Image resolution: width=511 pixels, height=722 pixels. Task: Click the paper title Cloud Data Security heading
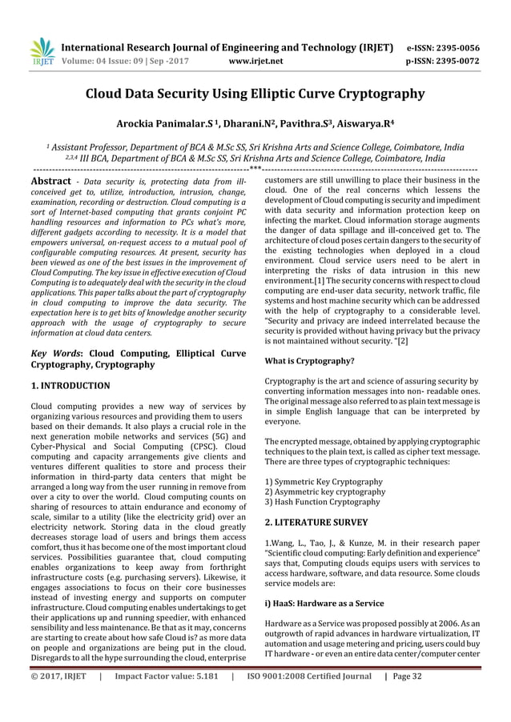click(255, 94)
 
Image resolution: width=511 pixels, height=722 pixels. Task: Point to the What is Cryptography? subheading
click(309, 360)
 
